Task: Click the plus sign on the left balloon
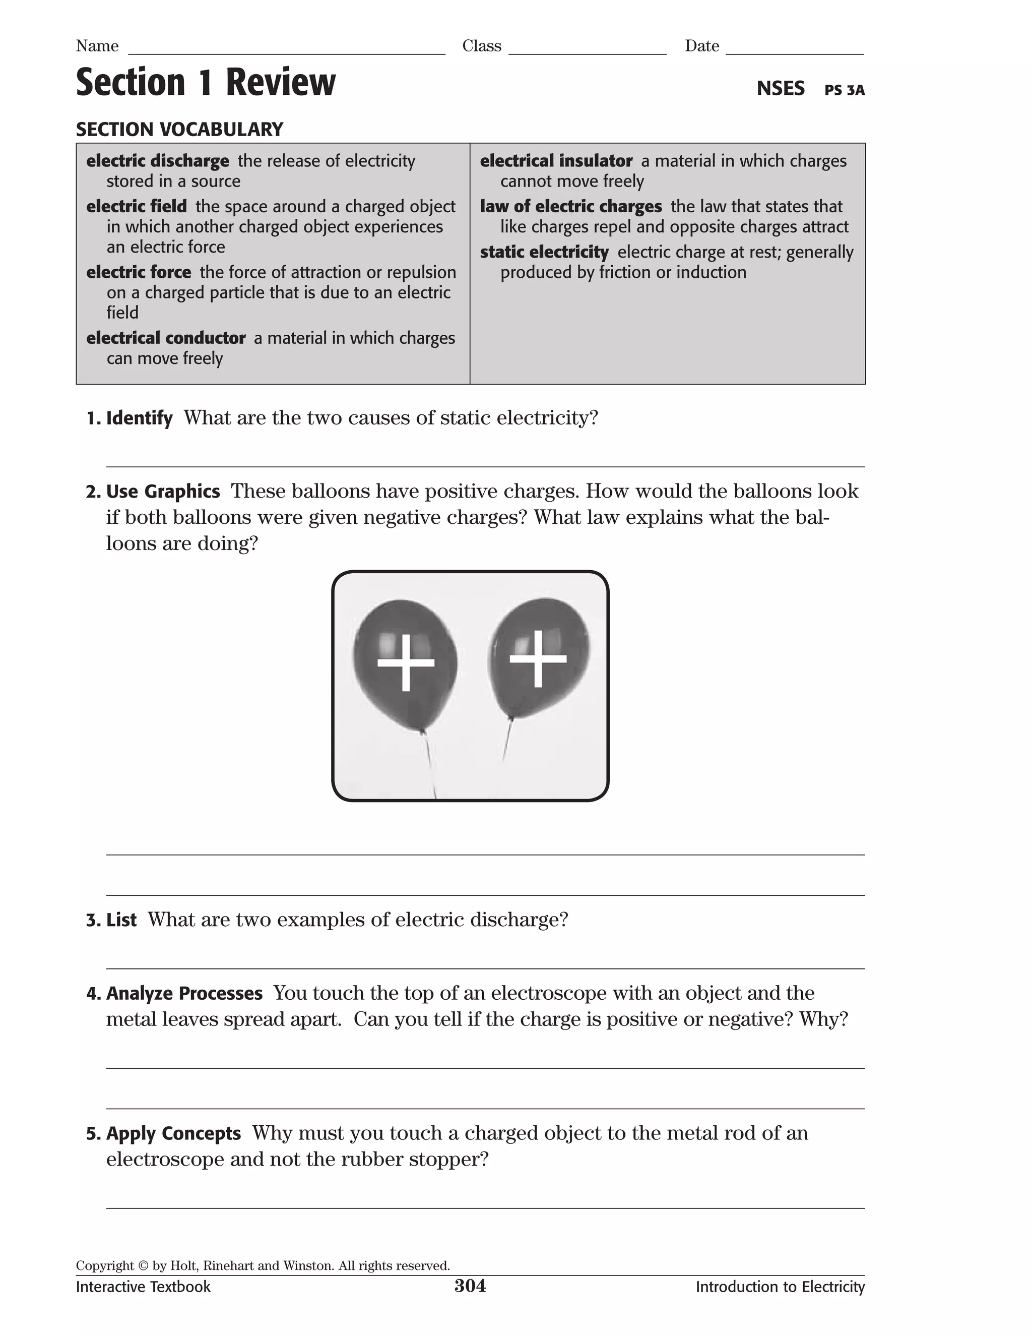tap(405, 662)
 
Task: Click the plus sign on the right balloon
tap(538, 659)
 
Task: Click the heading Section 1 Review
tap(206, 83)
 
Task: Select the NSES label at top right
tap(780, 89)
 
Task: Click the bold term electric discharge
tap(157, 161)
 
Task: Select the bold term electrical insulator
tap(556, 161)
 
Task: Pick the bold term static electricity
tap(544, 252)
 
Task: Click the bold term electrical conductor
tap(166, 338)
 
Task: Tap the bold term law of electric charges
tap(570, 206)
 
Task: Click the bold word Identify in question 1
tap(140, 418)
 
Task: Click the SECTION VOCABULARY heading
tap(179, 130)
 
